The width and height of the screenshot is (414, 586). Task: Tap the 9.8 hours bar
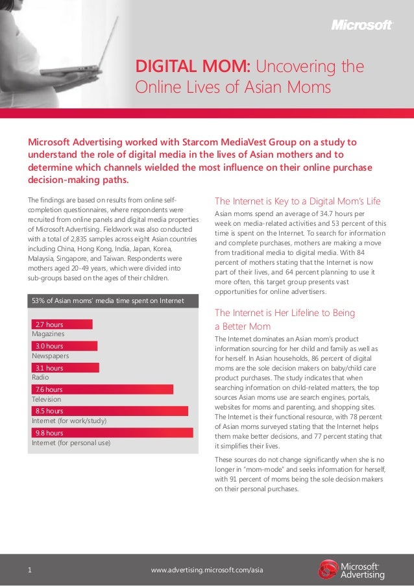[112, 432]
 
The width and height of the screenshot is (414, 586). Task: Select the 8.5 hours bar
[110, 411]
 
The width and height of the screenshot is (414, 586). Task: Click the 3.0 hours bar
[64, 347]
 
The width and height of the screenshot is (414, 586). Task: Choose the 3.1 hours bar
[65, 368]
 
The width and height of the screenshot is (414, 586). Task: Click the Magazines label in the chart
[48, 334]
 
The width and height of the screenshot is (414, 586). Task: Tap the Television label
[46, 399]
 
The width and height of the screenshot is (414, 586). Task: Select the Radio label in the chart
[40, 377]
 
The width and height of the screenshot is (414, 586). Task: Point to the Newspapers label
[51, 356]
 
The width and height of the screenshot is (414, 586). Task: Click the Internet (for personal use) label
[71, 443]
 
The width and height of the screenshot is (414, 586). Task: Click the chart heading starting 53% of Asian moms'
[108, 300]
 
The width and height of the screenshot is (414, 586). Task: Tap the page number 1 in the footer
[30, 570]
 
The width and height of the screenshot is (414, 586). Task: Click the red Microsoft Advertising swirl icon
[328, 569]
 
